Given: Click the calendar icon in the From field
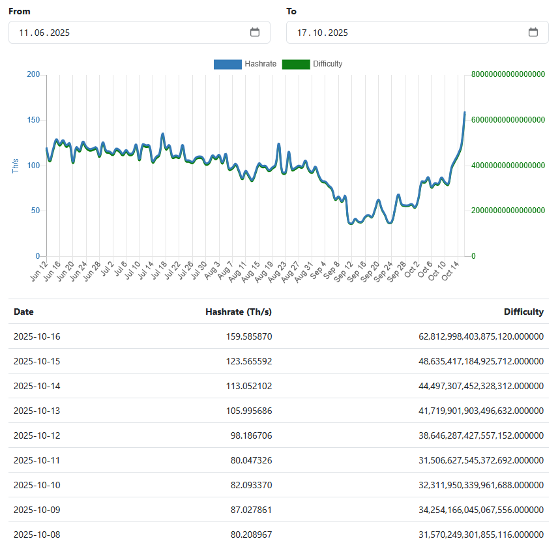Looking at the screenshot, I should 255,33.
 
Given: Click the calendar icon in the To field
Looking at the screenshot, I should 533,33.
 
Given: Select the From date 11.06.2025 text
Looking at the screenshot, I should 44,33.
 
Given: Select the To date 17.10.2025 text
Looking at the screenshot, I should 322,33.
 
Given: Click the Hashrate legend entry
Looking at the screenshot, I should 245,64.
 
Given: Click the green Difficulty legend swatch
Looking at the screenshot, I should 295,64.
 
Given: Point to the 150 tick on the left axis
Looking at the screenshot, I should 33,120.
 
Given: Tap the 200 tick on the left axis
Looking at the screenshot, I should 33,75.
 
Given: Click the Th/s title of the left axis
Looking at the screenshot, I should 16,166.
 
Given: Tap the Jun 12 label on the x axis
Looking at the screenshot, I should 39,271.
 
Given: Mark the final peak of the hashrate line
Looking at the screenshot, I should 465,112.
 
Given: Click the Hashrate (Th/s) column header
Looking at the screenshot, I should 239,312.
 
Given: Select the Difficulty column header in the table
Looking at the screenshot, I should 523,312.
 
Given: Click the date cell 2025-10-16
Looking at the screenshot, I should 37,336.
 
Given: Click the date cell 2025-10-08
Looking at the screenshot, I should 37,535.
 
